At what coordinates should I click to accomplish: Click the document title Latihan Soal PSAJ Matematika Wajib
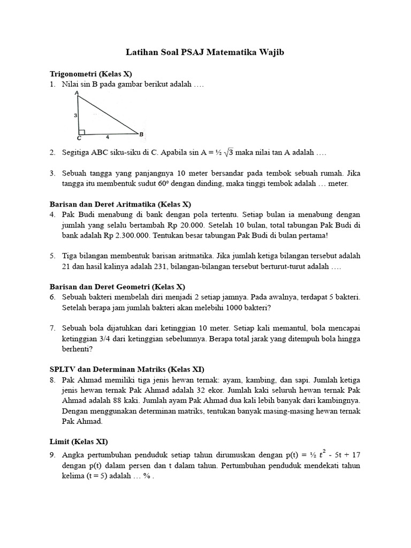click(205, 52)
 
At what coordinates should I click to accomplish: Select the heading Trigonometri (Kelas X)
click(91, 74)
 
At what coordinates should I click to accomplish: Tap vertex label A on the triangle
click(77, 93)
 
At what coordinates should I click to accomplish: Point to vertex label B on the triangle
click(141, 134)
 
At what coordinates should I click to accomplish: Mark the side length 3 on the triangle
click(76, 115)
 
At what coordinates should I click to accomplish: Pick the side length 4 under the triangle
click(108, 137)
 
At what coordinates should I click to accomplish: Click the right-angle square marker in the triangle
click(82, 131)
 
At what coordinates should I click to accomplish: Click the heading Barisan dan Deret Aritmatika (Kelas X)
click(120, 204)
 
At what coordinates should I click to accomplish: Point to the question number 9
click(52, 455)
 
